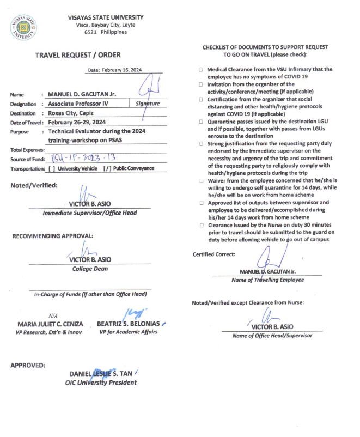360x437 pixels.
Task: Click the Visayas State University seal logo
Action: click(23, 27)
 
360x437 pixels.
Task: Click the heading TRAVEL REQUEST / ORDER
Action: click(78, 54)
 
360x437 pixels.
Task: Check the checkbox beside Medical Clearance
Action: click(200, 70)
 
